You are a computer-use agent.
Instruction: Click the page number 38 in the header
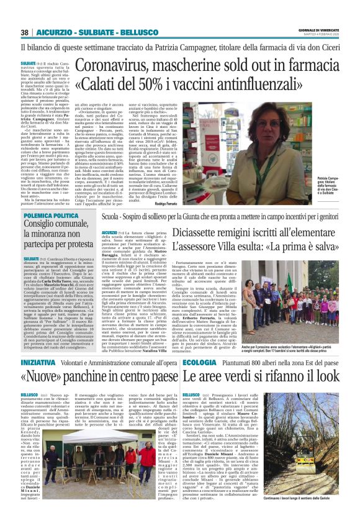point(24,32)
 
